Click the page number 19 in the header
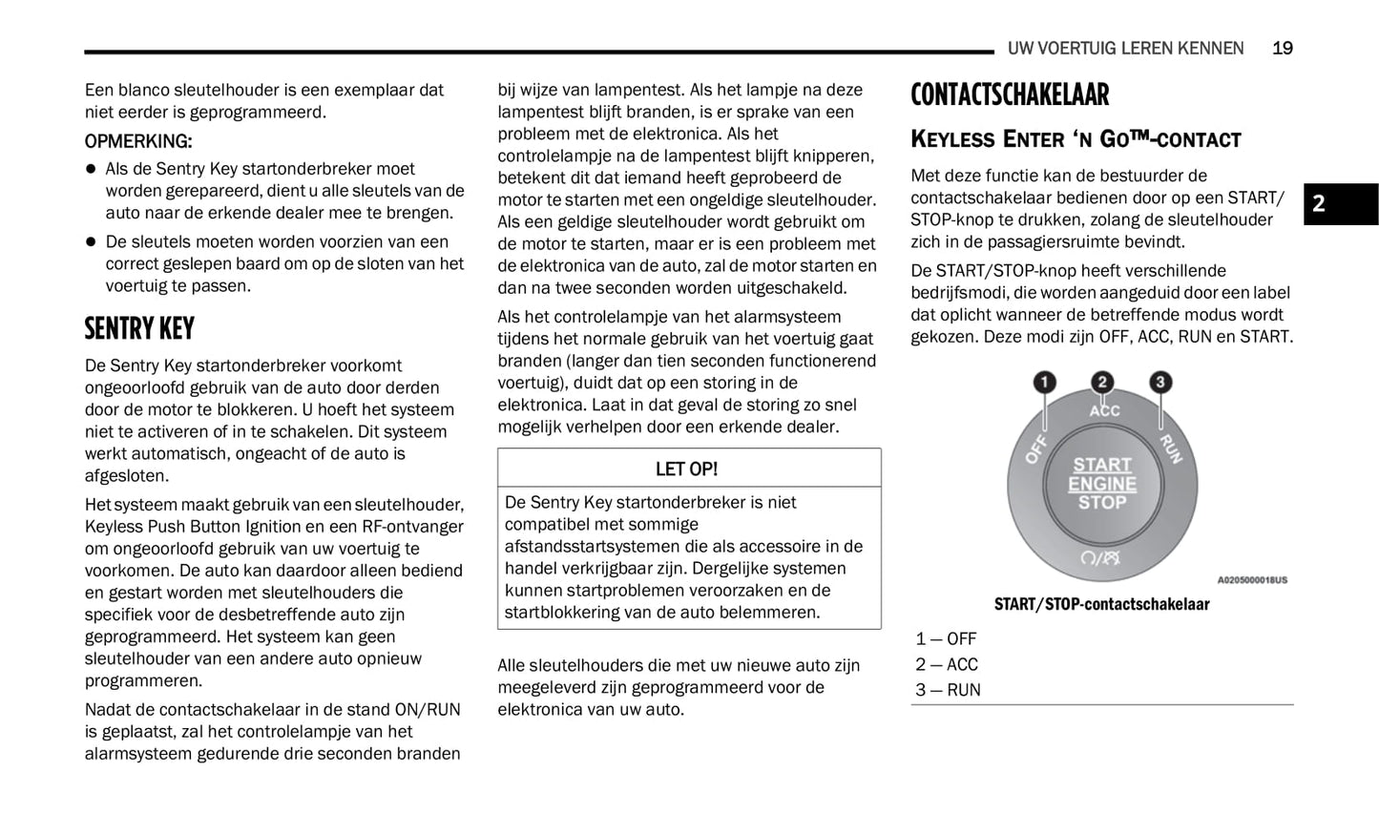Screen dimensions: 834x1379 [1282, 48]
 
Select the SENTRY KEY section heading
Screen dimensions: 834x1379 [139, 328]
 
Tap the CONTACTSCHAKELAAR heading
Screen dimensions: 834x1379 [1010, 95]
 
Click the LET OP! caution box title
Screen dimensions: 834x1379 [686, 469]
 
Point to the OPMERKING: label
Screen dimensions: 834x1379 [138, 141]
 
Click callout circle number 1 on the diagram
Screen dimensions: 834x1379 [1045, 383]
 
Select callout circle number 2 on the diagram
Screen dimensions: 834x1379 [1102, 383]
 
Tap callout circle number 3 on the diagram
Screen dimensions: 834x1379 [1160, 383]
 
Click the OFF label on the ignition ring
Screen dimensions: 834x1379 [1037, 448]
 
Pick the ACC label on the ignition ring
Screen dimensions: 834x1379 [1104, 411]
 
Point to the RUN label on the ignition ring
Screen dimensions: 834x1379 [1171, 448]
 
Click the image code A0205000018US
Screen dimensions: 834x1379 [1251, 579]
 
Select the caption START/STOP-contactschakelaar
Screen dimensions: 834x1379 [1101, 604]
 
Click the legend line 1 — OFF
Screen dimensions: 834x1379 [946, 639]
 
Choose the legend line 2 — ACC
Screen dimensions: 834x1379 [947, 665]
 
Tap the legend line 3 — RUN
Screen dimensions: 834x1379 [948, 690]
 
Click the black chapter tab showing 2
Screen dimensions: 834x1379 [1340, 203]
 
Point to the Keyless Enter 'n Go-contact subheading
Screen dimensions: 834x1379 [1076, 139]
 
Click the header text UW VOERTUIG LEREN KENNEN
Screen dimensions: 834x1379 [1125, 48]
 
